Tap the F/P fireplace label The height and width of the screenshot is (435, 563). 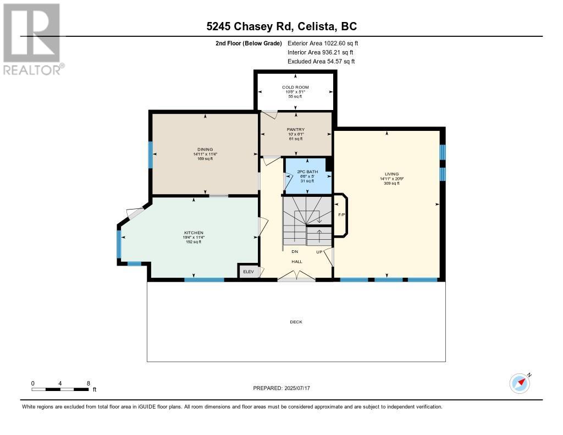pyautogui.click(x=341, y=214)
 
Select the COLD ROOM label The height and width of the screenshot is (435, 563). pyautogui.click(x=296, y=87)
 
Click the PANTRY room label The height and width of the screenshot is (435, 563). pyautogui.click(x=296, y=130)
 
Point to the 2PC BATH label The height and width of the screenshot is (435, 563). pyautogui.click(x=307, y=172)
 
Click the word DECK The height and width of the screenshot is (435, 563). pyautogui.click(x=296, y=322)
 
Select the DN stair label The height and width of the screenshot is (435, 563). pyautogui.click(x=294, y=252)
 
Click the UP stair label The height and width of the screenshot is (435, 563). pyautogui.click(x=319, y=252)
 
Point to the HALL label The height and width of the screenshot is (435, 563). pyautogui.click(x=296, y=261)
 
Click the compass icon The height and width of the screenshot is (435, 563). pyautogui.click(x=520, y=383)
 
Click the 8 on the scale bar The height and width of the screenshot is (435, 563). pyautogui.click(x=88, y=383)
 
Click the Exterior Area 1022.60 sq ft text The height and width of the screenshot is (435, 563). pyautogui.click(x=323, y=43)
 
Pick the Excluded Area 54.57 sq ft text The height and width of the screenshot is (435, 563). pyautogui.click(x=321, y=62)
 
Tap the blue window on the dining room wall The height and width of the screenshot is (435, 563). pyautogui.click(x=151, y=154)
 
